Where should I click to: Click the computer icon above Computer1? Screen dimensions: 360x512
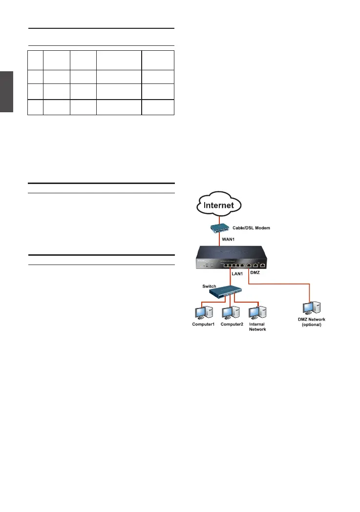point(201,312)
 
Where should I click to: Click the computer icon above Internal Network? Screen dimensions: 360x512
point(257,312)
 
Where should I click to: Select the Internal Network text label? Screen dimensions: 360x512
point(257,327)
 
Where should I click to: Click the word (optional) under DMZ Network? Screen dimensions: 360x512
point(311,325)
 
